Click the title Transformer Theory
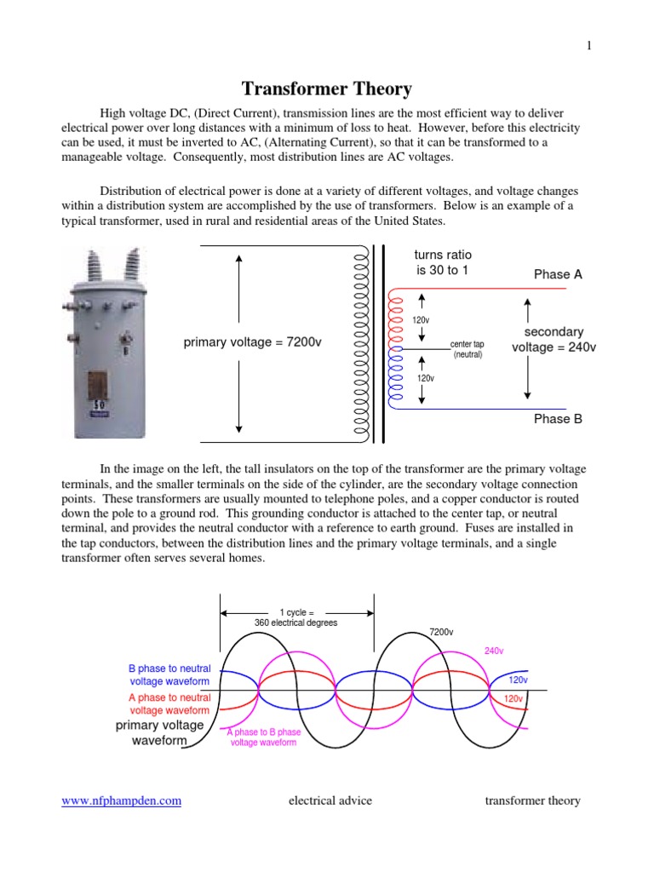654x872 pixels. point(327,89)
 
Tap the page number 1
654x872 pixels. point(588,46)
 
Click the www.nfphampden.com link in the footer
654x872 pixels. point(121,800)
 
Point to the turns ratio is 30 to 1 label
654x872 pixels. point(442,262)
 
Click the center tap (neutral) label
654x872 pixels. point(468,349)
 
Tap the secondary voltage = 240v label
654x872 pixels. point(554,339)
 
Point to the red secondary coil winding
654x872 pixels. point(393,319)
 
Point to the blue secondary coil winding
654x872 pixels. point(393,380)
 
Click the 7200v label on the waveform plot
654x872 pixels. point(441,632)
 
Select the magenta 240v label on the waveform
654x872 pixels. point(494,651)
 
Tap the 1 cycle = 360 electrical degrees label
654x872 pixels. point(296,617)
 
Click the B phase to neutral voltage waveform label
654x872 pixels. point(169,675)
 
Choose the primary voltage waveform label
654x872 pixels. point(160,733)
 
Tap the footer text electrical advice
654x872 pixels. point(330,800)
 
